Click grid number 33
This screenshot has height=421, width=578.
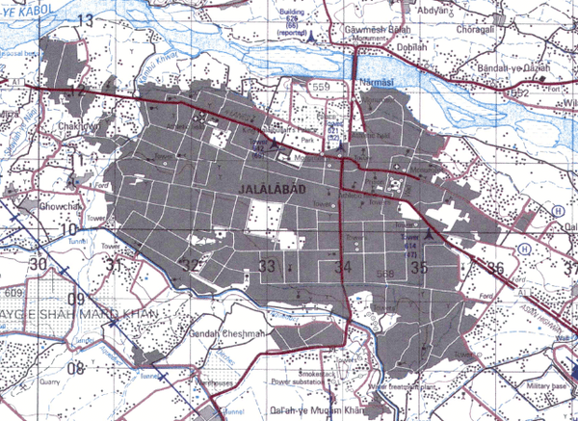tap(267, 266)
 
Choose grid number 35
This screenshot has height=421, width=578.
tap(418, 268)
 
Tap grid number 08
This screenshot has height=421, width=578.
tap(77, 368)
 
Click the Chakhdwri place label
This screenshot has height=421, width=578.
tap(82, 125)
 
